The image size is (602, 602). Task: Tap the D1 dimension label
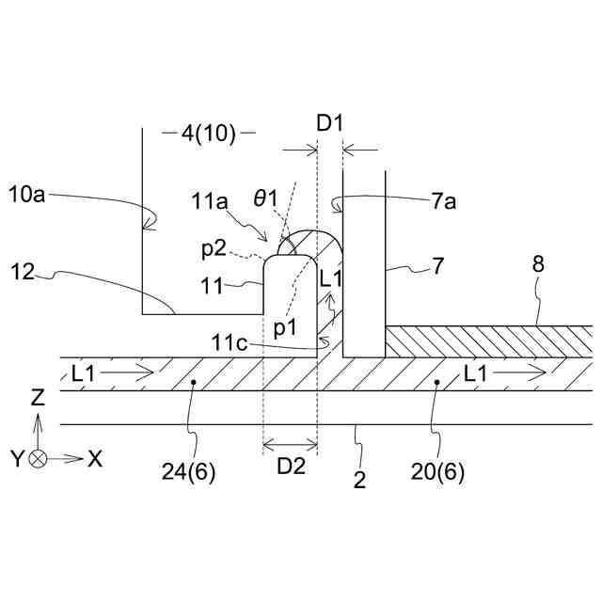point(330,123)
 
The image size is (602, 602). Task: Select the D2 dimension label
point(290,465)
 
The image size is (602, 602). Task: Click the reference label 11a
point(208,200)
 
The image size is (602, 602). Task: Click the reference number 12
point(27,274)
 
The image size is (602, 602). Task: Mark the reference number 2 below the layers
point(358,482)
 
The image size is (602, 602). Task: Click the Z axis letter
point(38,399)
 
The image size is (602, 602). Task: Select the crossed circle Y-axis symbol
point(39,459)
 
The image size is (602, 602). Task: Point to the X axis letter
point(95,459)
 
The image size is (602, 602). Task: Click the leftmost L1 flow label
point(84,373)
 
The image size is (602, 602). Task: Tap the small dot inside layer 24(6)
point(192,383)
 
